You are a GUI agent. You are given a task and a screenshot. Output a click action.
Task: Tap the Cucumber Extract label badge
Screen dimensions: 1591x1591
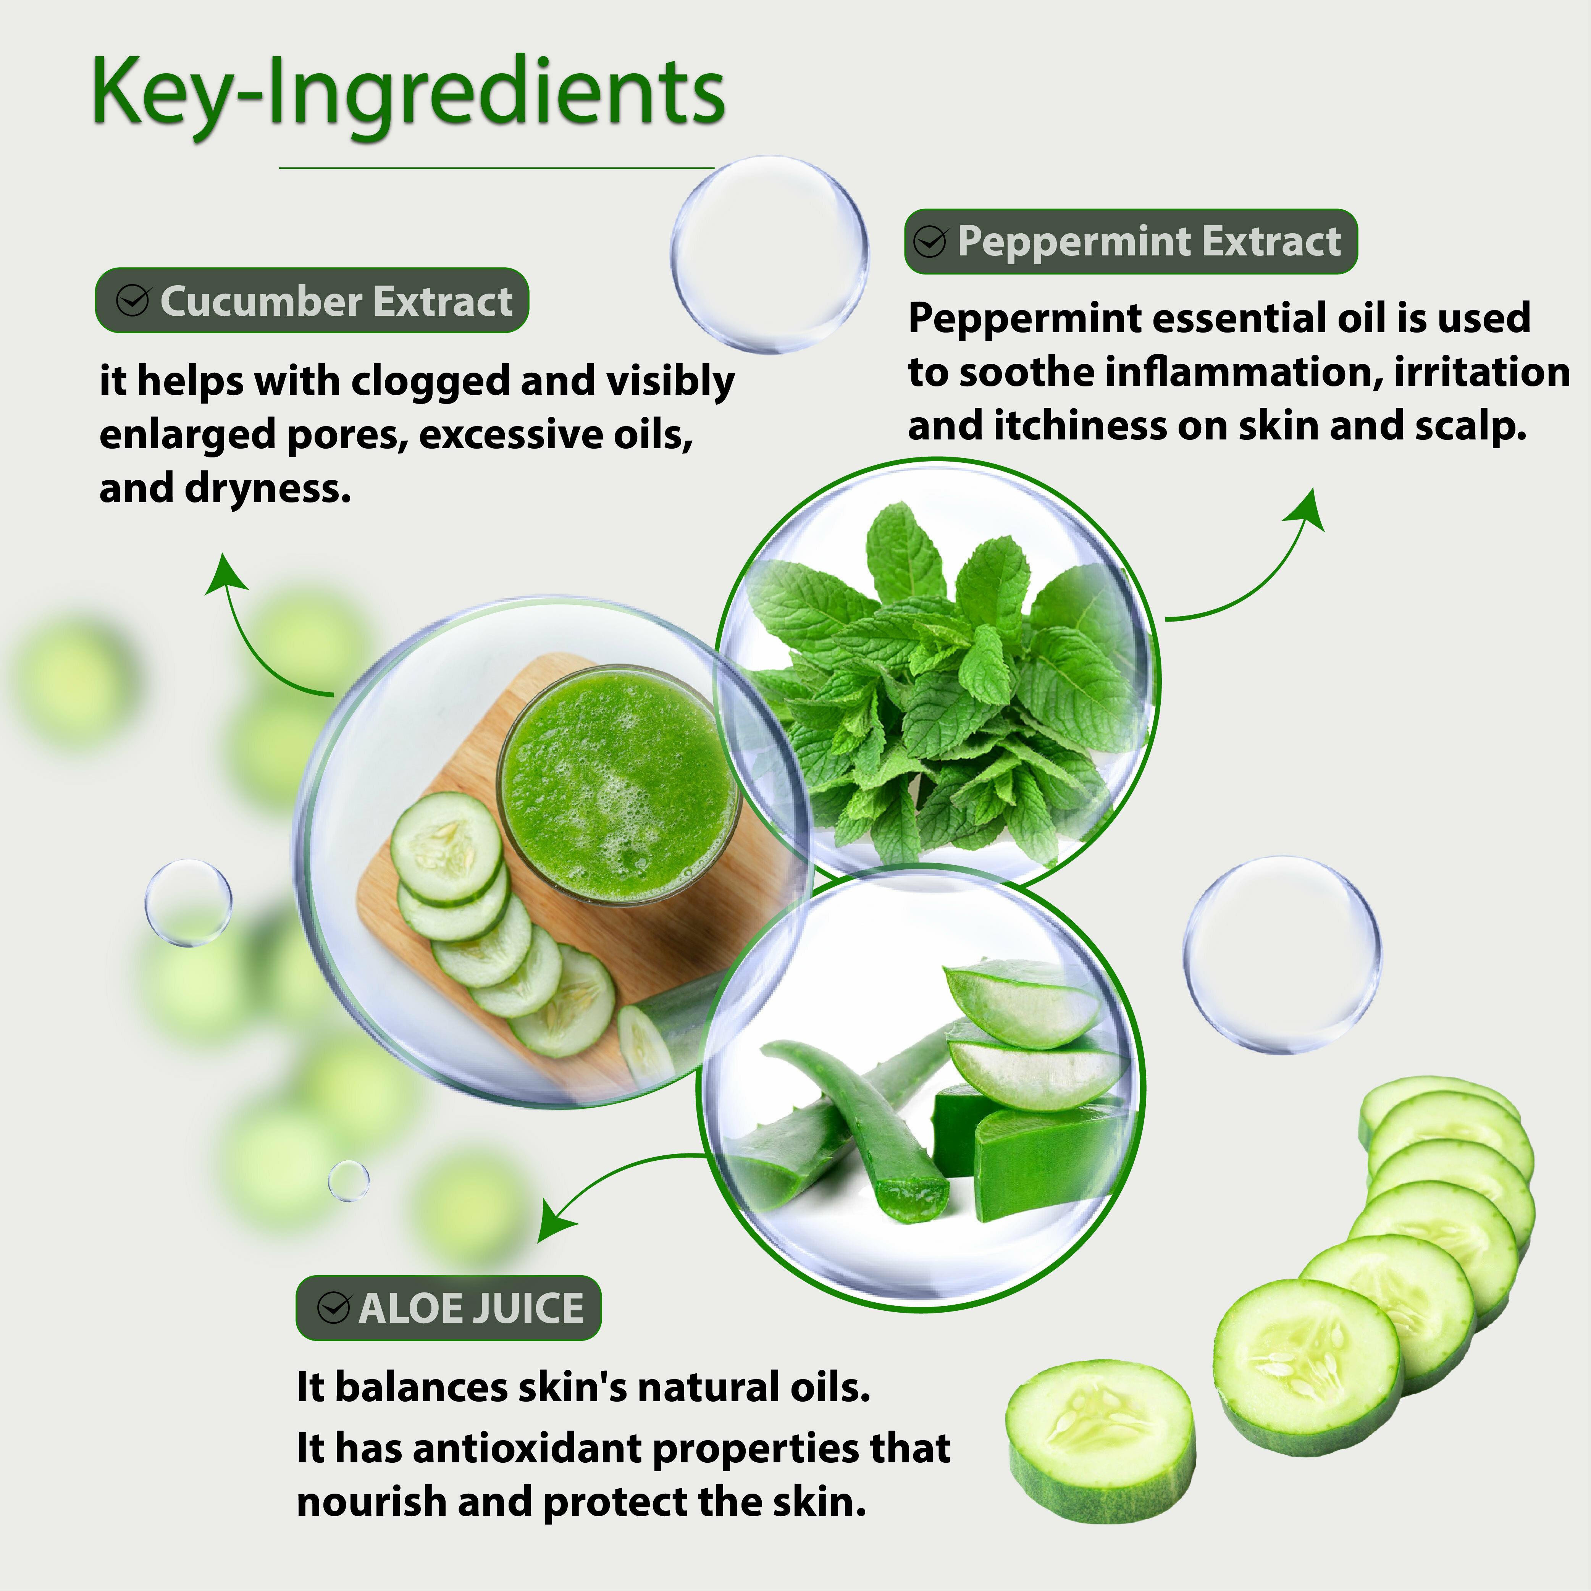pyautogui.click(x=311, y=300)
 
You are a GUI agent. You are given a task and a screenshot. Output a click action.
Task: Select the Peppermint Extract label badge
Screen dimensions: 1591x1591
pyautogui.click(x=1131, y=241)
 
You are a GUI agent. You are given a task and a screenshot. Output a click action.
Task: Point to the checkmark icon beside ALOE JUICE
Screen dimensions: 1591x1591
pyautogui.click(x=334, y=1308)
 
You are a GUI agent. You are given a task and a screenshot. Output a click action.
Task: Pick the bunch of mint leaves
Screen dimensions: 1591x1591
pyautogui.click(x=939, y=683)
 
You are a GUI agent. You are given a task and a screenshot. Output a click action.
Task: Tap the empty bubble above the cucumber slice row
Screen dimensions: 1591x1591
pyautogui.click(x=1282, y=955)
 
